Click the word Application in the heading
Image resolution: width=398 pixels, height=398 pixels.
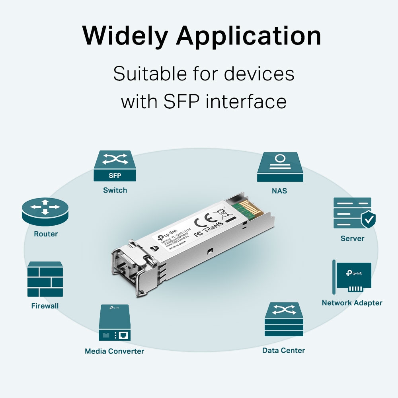click(x=249, y=36)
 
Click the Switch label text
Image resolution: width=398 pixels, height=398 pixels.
click(x=115, y=190)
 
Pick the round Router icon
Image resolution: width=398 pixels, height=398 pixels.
click(x=45, y=211)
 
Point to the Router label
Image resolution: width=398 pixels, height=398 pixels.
click(x=46, y=234)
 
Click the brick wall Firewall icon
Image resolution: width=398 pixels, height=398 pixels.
click(x=45, y=279)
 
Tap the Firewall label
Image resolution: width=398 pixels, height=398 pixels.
click(x=45, y=306)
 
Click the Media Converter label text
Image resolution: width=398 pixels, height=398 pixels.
click(x=114, y=351)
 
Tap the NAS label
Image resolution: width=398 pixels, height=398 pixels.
click(x=279, y=191)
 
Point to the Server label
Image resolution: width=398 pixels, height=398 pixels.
click(x=352, y=238)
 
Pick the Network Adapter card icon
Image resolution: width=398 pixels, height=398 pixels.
click(x=352, y=277)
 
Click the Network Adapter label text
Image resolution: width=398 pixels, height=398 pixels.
click(x=352, y=303)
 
